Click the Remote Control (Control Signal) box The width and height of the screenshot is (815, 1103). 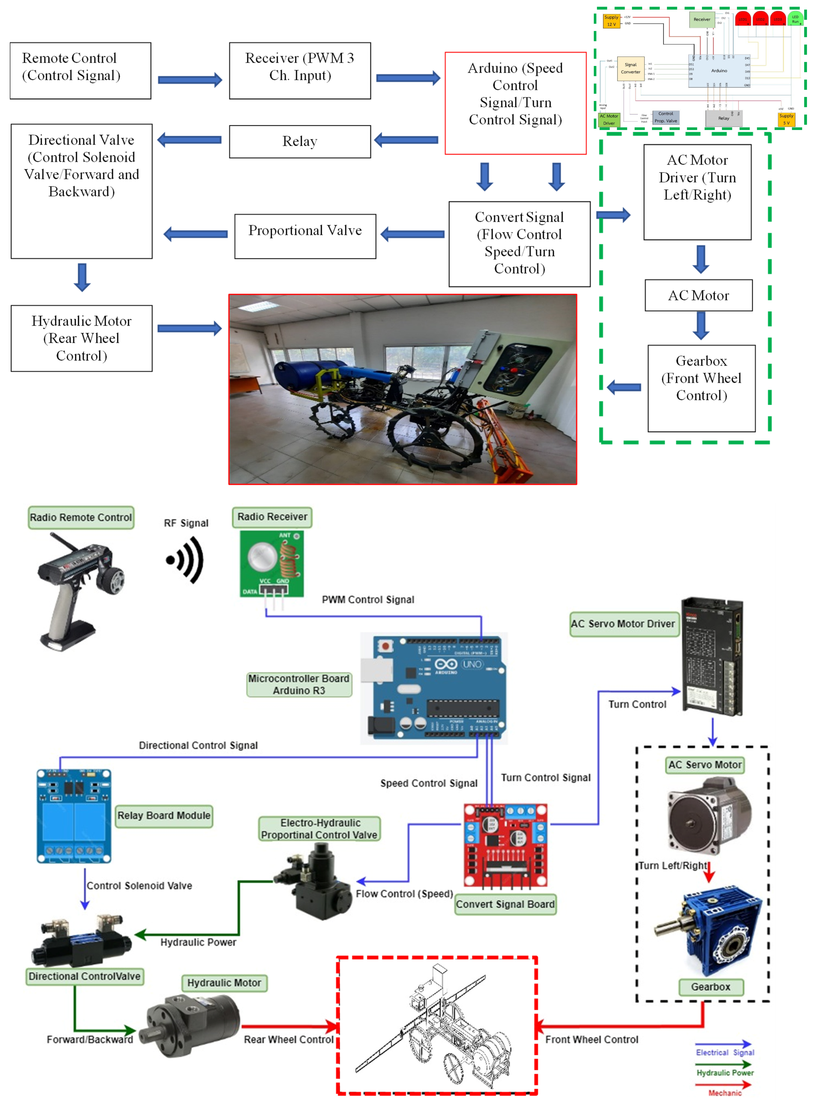coord(80,71)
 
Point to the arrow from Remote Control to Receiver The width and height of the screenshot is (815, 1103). coord(190,80)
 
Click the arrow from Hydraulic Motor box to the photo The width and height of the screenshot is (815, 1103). coord(190,329)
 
